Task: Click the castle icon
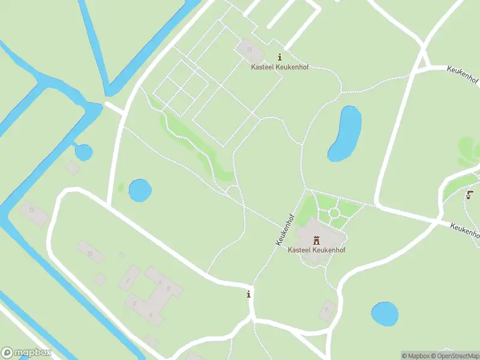(x=316, y=239)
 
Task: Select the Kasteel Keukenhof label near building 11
(x=280, y=67)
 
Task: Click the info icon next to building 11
(x=279, y=57)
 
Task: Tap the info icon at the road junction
(x=248, y=293)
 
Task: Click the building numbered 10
(x=89, y=253)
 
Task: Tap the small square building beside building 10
(x=100, y=279)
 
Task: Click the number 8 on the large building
(x=169, y=289)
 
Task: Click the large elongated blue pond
(x=345, y=133)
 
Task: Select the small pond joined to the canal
(x=83, y=152)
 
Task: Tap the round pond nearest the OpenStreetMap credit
(x=385, y=313)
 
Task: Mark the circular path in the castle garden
(x=334, y=213)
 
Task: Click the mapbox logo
(x=26, y=353)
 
